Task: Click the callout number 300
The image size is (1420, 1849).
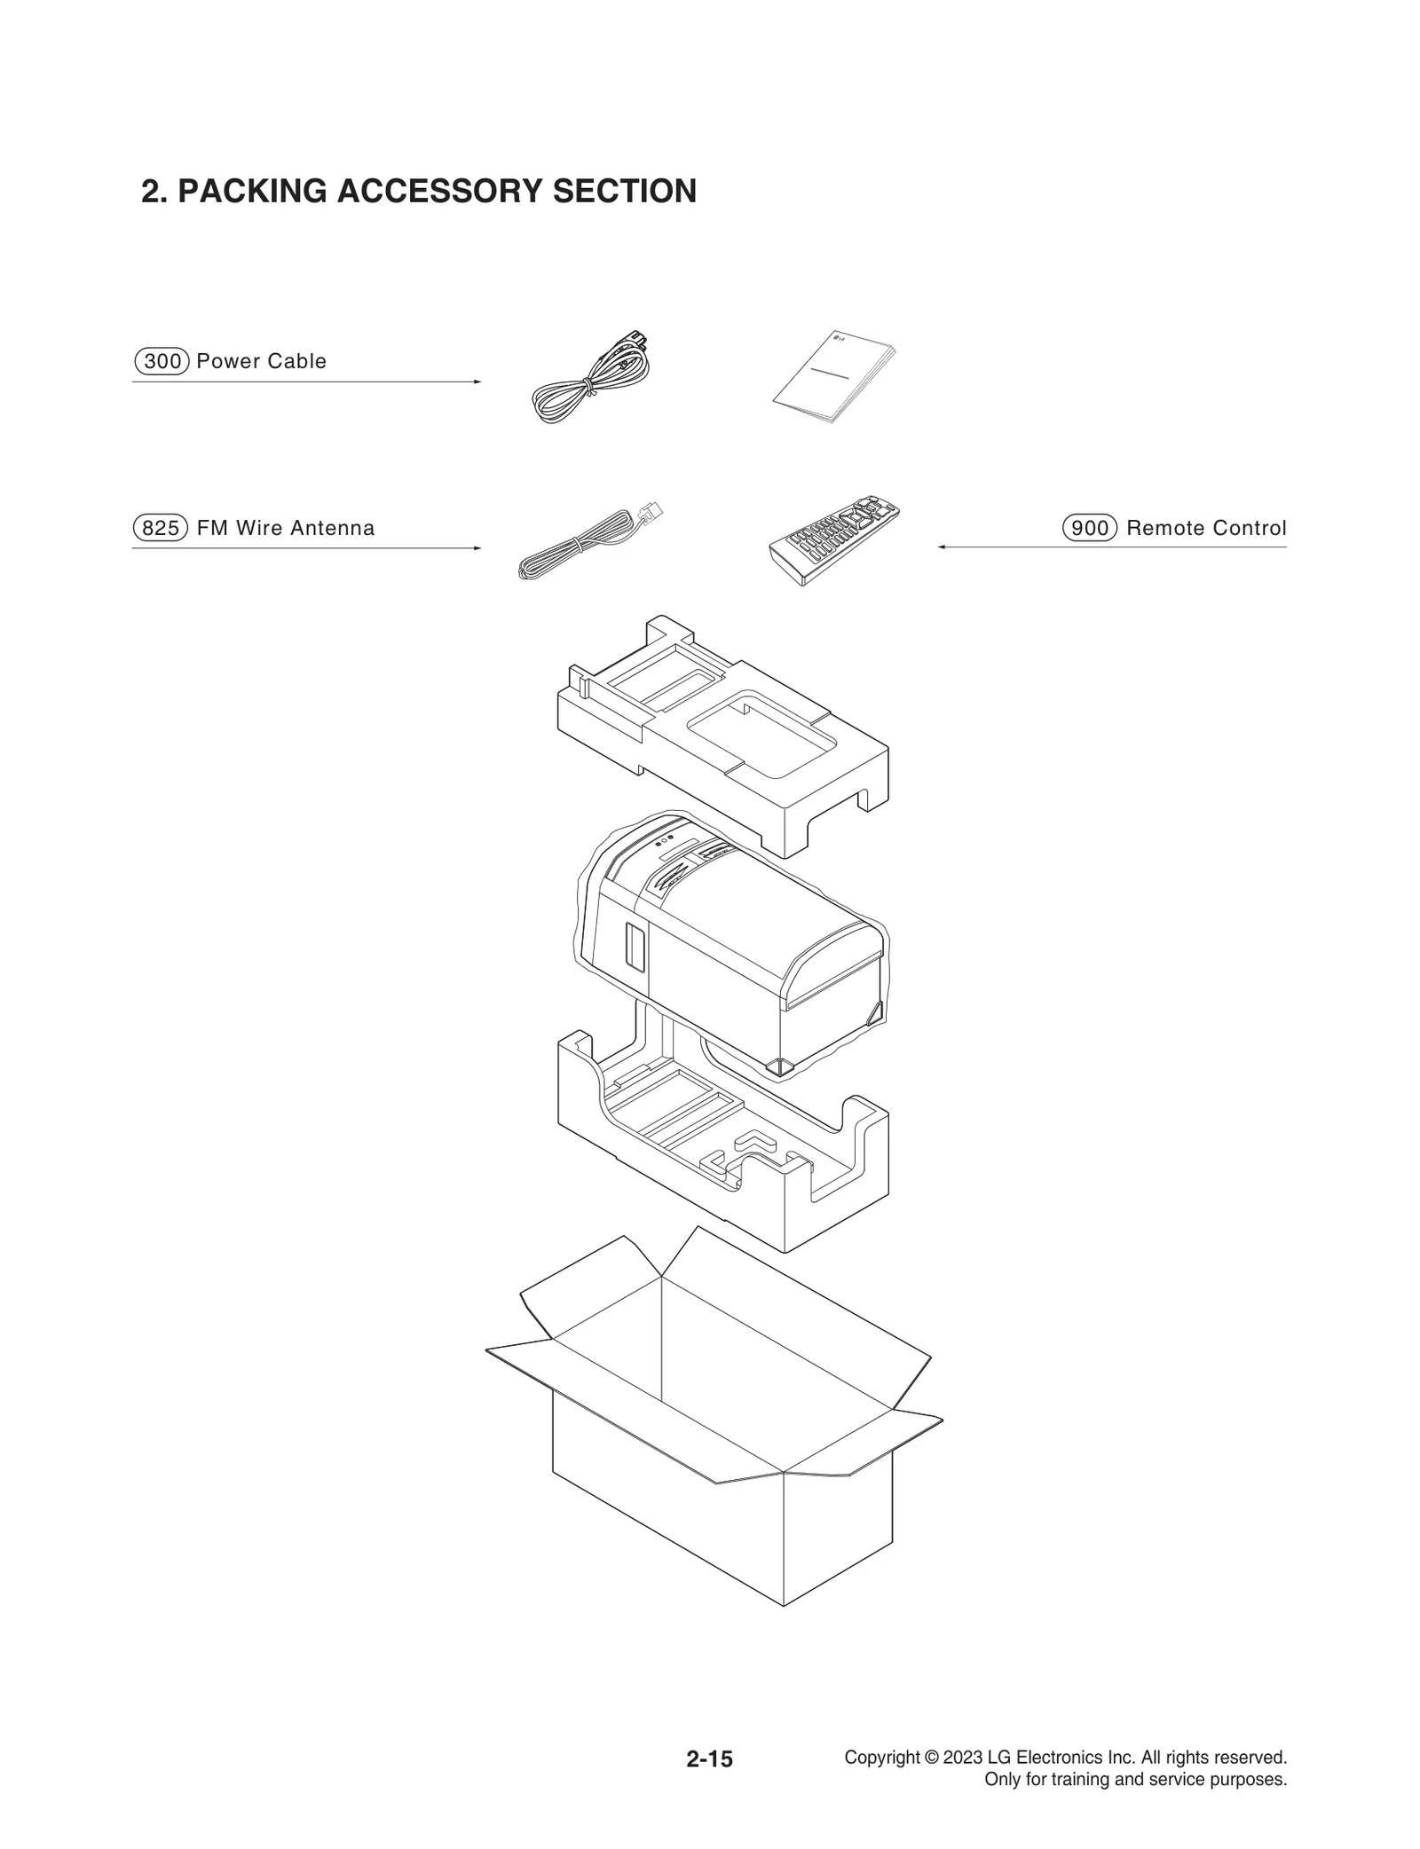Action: pos(162,361)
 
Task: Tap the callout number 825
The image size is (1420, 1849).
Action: pos(161,528)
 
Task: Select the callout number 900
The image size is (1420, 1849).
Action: pos(1089,528)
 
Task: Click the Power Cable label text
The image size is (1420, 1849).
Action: pos(262,361)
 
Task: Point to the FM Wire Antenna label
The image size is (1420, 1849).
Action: pos(286,528)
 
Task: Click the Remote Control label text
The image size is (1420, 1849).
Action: pos(1206,528)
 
